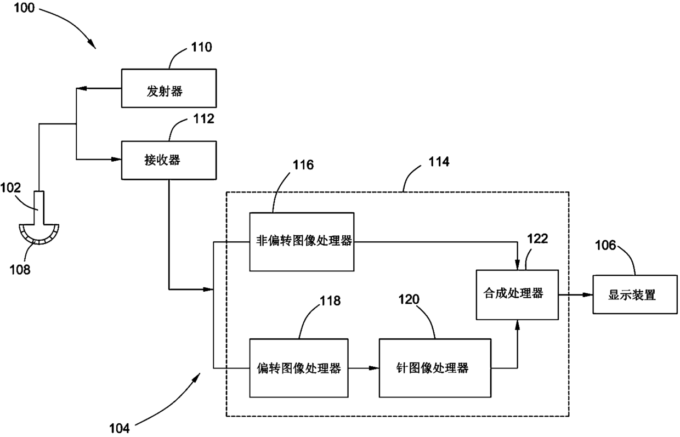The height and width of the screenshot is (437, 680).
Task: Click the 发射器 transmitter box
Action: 169,88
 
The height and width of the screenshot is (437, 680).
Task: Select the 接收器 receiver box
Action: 169,160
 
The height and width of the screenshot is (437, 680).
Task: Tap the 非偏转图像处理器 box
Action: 302,242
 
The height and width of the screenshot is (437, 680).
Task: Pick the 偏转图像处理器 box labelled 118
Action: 299,368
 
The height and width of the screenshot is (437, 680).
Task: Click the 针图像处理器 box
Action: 435,368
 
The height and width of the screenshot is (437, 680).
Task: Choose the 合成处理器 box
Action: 517,294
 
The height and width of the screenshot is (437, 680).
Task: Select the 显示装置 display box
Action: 636,294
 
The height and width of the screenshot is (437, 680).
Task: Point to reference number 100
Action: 24,8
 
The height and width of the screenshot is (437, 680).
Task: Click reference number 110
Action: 202,47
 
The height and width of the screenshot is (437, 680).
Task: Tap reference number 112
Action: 204,118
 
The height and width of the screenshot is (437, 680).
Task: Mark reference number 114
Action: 439,161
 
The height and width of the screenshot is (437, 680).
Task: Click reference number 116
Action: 303,165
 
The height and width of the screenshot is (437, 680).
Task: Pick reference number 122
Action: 537,239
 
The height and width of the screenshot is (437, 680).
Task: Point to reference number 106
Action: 605,245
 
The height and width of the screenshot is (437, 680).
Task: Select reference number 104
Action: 120,429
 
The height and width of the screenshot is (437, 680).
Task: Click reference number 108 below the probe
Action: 20,269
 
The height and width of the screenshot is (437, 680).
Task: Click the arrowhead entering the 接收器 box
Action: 117,160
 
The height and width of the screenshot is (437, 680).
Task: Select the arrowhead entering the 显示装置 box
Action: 588,294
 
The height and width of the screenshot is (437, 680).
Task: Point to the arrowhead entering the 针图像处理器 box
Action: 374,368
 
